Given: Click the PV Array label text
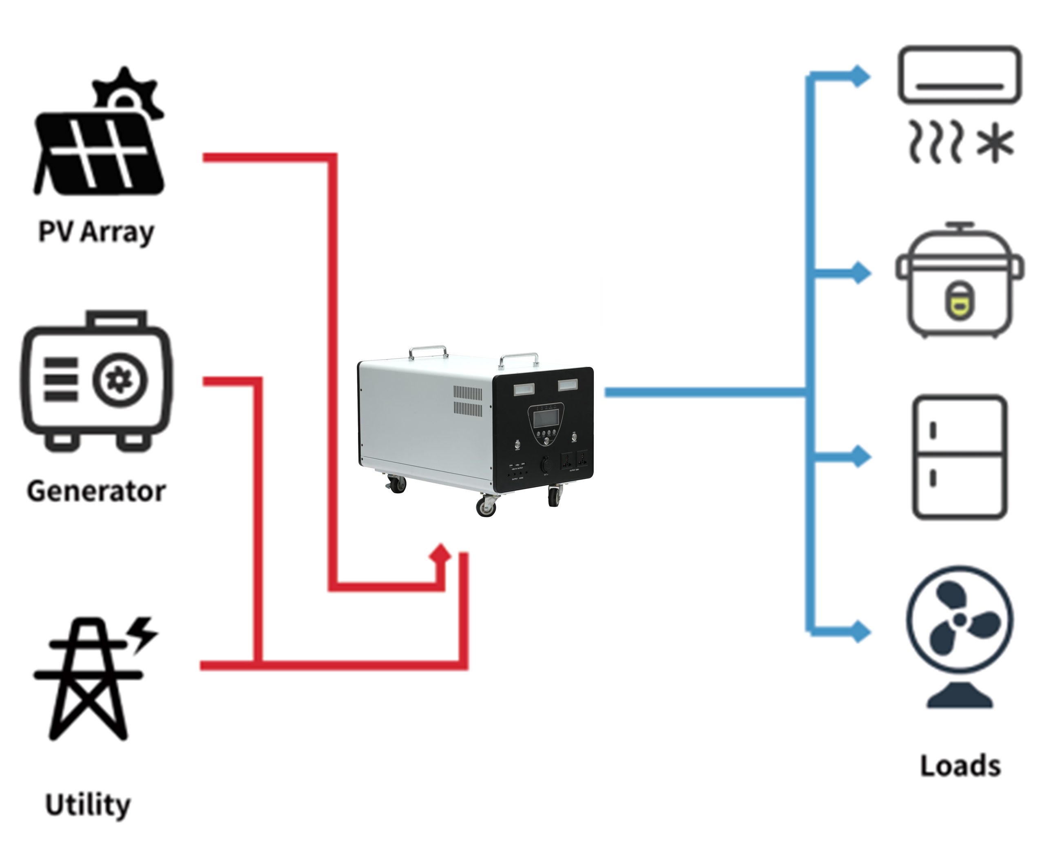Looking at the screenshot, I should pyautogui.click(x=96, y=232).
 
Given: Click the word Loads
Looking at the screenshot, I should pyautogui.click(x=960, y=766).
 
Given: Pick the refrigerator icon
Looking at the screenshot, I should pyautogui.click(x=960, y=457).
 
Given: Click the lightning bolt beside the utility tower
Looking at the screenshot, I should pyautogui.click(x=143, y=633).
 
